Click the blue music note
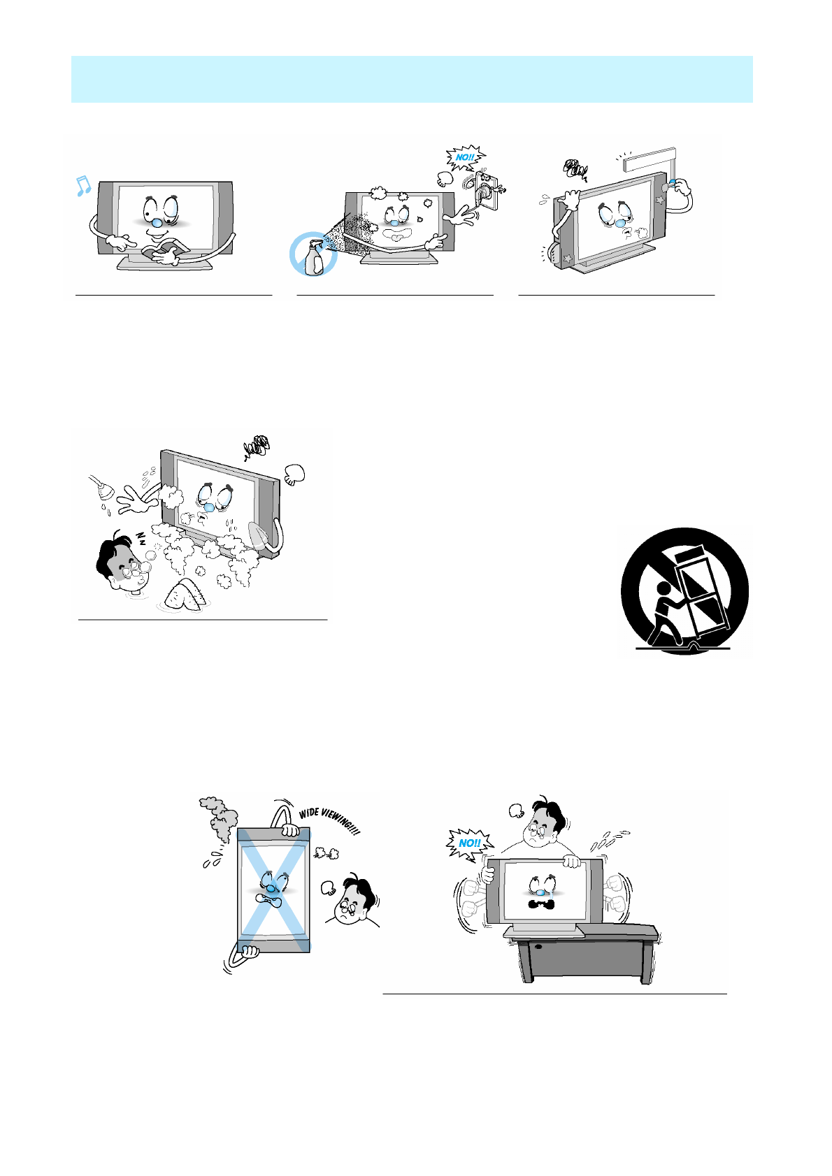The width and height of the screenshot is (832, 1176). point(83,186)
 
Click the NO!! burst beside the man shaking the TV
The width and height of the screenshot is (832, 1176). point(469,843)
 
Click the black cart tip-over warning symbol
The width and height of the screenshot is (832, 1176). point(684,591)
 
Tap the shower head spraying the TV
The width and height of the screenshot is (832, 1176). point(102,488)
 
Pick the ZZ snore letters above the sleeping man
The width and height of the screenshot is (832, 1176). point(141,537)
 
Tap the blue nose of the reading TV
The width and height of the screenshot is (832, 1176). point(156,222)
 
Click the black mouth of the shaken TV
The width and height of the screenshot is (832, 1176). point(542,903)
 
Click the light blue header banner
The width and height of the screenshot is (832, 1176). point(412,79)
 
